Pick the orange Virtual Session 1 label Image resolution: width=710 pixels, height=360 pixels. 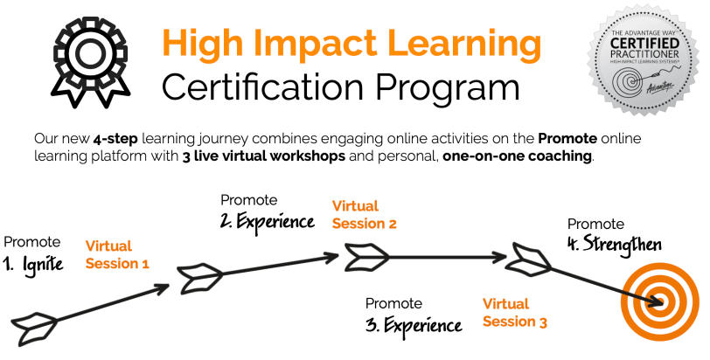tap(117, 255)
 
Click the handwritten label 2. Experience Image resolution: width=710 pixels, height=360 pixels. tap(268, 221)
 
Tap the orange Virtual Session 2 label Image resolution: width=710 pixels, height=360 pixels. tap(364, 215)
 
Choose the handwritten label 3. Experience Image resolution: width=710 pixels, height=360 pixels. tap(413, 326)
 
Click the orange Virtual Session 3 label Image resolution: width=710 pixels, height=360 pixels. tap(515, 313)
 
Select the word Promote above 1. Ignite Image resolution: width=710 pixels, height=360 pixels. tap(32, 241)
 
